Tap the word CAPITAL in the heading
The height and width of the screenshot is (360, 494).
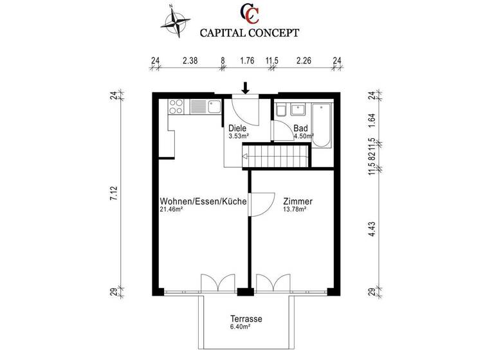223,31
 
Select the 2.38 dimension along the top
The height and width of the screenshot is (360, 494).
189,62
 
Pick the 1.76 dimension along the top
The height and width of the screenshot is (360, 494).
247,62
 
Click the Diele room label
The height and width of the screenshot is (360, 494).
237,129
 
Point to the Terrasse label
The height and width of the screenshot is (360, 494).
246,319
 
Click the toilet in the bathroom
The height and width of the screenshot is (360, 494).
280,111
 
